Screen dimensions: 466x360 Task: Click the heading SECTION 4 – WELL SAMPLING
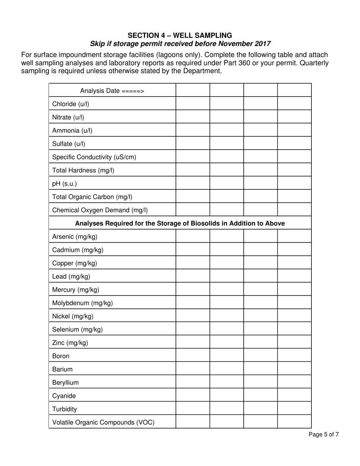(x=180, y=35)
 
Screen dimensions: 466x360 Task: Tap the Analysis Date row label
(x=112, y=91)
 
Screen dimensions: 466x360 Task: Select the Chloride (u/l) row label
(x=70, y=104)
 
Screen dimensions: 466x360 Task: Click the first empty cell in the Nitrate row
(x=193, y=117)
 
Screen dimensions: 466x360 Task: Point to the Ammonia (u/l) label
(x=72, y=130)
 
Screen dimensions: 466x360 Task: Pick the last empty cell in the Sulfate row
(x=294, y=144)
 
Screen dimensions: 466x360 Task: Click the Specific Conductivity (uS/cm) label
(x=94, y=157)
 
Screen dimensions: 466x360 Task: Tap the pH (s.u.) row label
(x=64, y=183)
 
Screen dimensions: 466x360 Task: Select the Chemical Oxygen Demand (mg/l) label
(x=100, y=210)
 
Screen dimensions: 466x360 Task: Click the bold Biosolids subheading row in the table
(x=180, y=223)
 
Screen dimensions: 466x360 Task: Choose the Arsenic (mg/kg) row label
(x=75, y=236)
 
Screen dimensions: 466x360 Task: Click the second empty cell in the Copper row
(x=227, y=263)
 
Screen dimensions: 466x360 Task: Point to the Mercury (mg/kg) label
(x=75, y=289)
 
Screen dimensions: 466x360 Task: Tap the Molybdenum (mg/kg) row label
(x=82, y=303)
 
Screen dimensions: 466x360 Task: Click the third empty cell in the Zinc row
(x=260, y=342)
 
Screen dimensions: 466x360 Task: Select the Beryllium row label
(x=65, y=382)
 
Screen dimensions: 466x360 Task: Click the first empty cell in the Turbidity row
(x=193, y=409)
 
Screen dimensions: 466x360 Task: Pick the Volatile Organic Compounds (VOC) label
(x=103, y=422)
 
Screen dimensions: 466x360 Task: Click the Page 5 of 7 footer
(x=324, y=435)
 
